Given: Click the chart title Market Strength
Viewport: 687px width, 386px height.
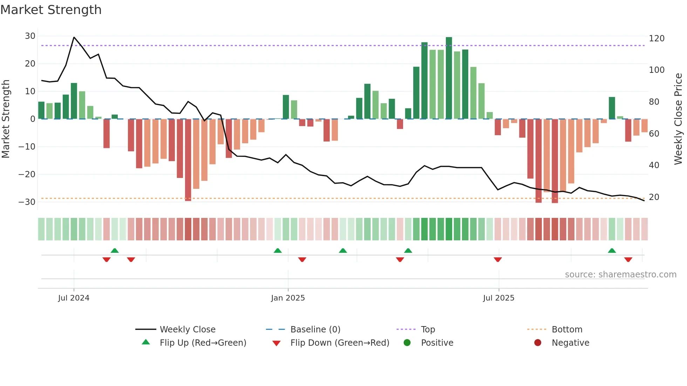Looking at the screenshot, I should pyautogui.click(x=51, y=10).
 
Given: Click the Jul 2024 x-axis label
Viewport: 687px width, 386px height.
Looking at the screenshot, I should pyautogui.click(x=74, y=298).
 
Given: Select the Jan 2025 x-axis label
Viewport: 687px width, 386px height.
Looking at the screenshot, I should pyautogui.click(x=288, y=298).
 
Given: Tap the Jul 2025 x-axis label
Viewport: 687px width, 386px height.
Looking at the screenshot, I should pyautogui.click(x=498, y=298).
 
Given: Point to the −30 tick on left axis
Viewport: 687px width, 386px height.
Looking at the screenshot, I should pyautogui.click(x=27, y=202).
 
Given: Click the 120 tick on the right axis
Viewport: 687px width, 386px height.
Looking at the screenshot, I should pyautogui.click(x=657, y=39).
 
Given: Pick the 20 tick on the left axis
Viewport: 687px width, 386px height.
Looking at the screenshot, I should pyautogui.click(x=30, y=64).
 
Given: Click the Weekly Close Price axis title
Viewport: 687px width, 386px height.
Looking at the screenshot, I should pyautogui.click(x=678, y=119).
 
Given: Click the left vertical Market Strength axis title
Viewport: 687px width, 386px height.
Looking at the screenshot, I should pyautogui.click(x=6, y=119).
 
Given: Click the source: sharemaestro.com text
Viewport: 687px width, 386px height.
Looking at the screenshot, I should pyautogui.click(x=620, y=275).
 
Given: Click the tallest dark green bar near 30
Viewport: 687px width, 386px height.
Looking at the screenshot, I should pyautogui.click(x=449, y=78).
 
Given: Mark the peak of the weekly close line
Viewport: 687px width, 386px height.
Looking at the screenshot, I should pyautogui.click(x=74, y=37).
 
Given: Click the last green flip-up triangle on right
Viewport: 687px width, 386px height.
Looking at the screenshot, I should pyautogui.click(x=612, y=251).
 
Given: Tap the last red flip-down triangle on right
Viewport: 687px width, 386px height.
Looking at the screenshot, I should pyautogui.click(x=628, y=260).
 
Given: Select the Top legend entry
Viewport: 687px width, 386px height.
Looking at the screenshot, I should pyautogui.click(x=428, y=330).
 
